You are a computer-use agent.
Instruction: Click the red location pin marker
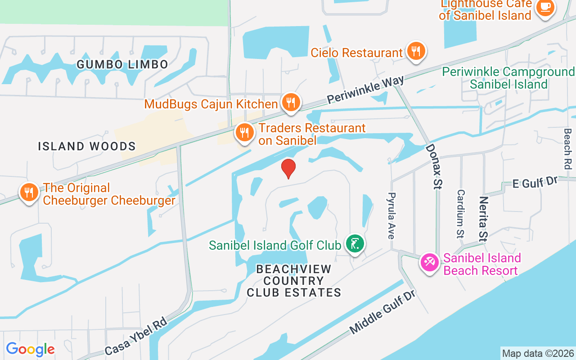[288, 168]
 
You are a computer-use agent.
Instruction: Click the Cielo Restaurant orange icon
[416, 51]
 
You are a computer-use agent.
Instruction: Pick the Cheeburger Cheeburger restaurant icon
[29, 193]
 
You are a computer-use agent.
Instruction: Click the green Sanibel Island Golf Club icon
[355, 244]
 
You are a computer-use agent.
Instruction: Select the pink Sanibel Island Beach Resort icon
[430, 262]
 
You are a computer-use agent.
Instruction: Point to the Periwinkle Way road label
[365, 90]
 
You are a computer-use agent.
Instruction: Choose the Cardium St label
[460, 213]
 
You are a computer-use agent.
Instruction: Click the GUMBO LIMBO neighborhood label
[122, 64]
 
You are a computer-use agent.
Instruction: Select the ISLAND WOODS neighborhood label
[87, 146]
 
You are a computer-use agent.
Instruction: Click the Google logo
[31, 349]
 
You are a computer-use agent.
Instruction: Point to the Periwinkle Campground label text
[508, 78]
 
